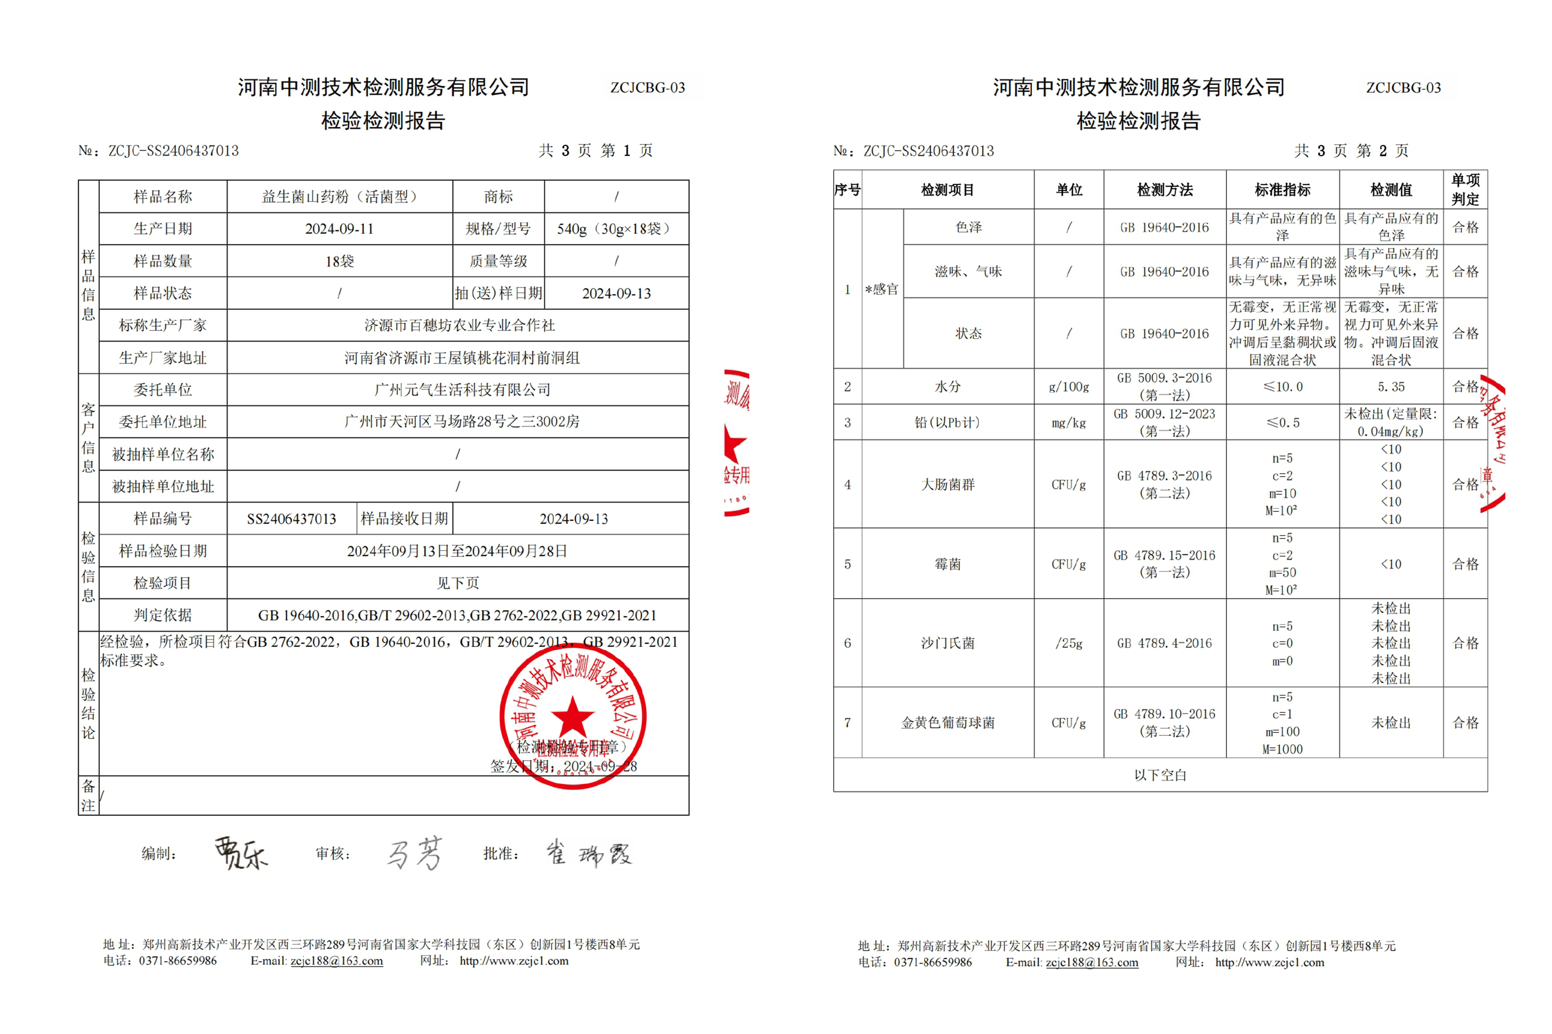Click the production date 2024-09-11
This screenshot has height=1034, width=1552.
(339, 229)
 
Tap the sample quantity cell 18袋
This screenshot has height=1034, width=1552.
(339, 261)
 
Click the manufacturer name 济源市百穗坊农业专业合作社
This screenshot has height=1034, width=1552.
(459, 325)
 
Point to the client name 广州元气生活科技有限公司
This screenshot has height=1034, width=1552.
(462, 390)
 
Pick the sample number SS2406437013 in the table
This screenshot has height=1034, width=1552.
(292, 519)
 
